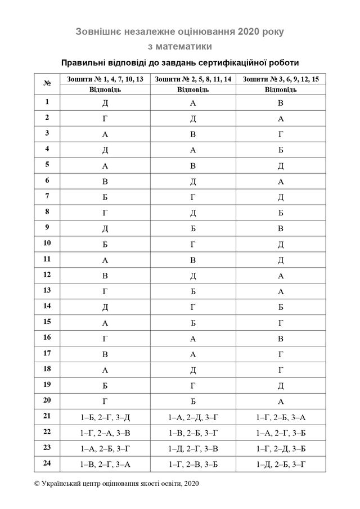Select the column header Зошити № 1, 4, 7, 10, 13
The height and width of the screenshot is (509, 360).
105,79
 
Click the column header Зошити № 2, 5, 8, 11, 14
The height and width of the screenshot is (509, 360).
193,79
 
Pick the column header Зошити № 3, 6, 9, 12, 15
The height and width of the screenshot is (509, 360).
281,79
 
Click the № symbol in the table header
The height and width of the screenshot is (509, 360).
47,83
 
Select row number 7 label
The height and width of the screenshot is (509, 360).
47,196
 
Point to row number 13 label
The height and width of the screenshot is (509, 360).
47,290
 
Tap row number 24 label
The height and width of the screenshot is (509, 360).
47,463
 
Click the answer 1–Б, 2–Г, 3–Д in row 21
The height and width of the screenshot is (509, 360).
105,417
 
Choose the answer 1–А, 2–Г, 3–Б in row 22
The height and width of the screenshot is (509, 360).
281,433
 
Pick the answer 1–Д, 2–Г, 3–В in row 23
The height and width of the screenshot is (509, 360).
193,448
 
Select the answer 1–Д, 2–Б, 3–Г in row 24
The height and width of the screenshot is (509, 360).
281,464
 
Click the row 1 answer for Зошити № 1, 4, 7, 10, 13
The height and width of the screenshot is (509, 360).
105,103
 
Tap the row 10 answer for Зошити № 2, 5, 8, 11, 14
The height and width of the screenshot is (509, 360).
193,244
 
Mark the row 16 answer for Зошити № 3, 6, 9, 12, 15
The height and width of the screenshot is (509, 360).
281,339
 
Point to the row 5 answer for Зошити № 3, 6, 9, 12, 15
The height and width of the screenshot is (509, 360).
281,166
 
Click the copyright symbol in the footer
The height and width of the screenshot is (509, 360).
37,483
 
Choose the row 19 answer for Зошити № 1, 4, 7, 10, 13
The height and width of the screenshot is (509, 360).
105,386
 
